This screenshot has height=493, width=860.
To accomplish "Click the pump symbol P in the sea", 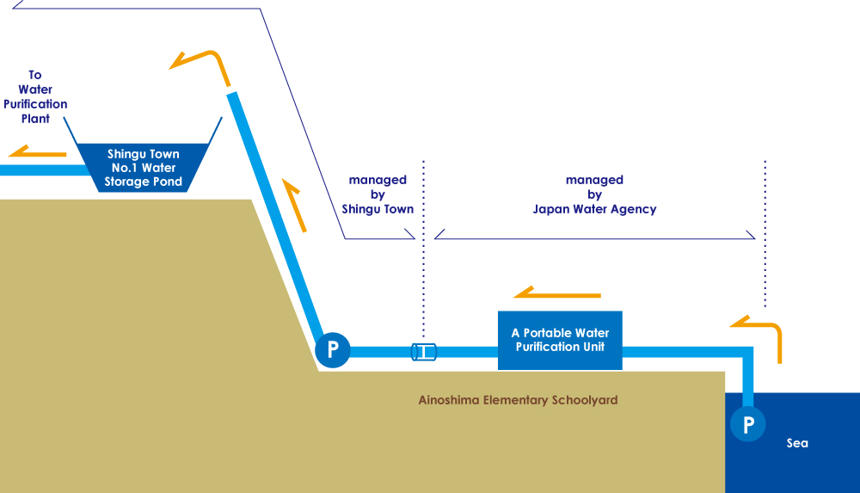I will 748,423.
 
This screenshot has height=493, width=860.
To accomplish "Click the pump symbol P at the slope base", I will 333,350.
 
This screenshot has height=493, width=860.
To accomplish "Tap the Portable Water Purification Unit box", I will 560,340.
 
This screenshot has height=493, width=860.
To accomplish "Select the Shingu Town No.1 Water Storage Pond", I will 144,167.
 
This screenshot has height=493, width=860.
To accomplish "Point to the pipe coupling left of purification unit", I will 423,351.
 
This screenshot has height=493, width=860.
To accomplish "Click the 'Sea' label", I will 797,443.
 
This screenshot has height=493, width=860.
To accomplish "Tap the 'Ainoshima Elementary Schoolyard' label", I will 518,400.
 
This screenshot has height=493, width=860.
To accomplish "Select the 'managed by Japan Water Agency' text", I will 594,194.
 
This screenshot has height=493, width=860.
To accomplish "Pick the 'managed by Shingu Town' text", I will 378,194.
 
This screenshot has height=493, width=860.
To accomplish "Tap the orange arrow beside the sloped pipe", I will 293,206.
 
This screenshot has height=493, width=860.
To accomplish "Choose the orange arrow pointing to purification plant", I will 38,152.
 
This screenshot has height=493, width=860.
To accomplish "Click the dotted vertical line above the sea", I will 765,232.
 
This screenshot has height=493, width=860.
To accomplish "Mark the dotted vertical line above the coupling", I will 423,250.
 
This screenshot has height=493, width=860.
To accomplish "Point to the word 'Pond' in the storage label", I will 164,182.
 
